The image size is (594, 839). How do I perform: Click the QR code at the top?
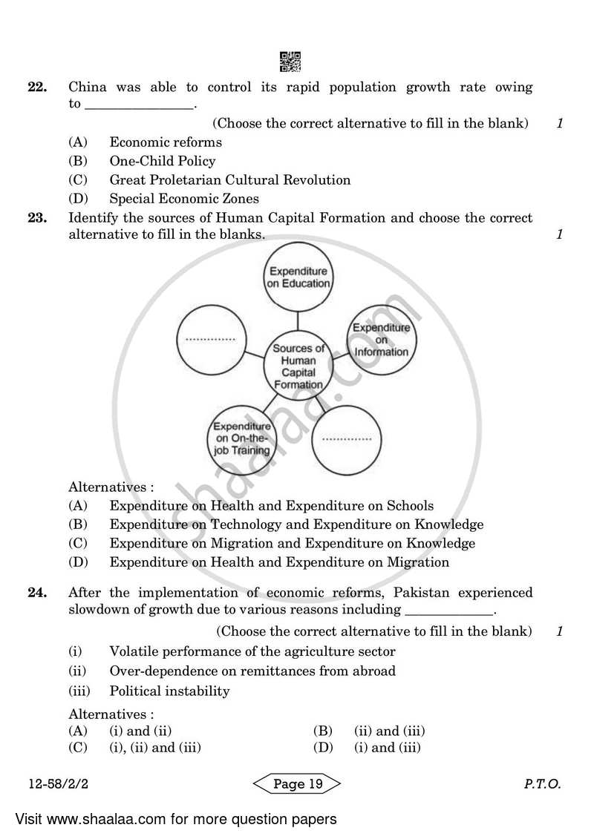click(291, 62)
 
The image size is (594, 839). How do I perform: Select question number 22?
click(37, 88)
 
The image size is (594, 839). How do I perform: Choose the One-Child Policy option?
click(162, 161)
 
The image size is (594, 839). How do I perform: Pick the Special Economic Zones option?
click(184, 198)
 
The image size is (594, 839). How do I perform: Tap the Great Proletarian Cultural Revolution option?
click(229, 180)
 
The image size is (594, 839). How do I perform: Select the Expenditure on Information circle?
click(381, 339)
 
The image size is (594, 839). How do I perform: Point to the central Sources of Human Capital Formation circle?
click(298, 366)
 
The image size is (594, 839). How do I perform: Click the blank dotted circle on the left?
click(210, 339)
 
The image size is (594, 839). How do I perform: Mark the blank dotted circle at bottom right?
click(347, 439)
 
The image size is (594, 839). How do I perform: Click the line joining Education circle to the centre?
click(298, 321)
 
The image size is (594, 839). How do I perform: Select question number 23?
click(37, 218)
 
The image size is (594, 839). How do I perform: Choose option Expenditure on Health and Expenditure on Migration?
click(278, 562)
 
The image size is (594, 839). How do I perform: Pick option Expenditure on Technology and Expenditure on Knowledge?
click(296, 524)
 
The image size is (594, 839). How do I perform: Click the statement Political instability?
click(169, 691)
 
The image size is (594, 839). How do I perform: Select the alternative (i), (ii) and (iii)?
click(155, 748)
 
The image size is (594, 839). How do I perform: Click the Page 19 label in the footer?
click(297, 785)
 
